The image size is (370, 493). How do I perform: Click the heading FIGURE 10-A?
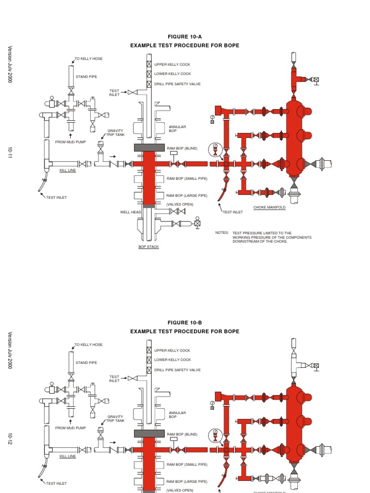pos(185,37)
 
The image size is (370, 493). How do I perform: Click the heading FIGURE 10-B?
pos(185,323)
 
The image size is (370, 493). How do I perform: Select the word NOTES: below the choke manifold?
pos(222,233)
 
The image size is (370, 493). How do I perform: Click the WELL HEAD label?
pos(131,212)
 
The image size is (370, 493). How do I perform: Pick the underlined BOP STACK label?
pos(148,246)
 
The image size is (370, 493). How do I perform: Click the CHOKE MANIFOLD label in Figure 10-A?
pos(269,208)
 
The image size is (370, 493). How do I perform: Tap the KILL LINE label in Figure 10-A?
pos(67,170)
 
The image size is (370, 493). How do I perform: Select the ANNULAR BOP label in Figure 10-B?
pos(177,415)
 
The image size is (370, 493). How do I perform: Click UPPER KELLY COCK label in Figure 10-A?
pos(172,64)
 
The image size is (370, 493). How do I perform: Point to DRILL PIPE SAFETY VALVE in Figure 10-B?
pos(177,370)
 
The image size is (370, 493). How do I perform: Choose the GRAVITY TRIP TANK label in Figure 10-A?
pos(116,132)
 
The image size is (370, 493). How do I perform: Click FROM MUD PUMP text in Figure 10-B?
pos(70,428)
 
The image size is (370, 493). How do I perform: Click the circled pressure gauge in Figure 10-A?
pos(216,149)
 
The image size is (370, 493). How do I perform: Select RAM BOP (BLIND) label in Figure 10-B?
pos(182,434)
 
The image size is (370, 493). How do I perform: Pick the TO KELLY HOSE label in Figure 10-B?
pos(89,345)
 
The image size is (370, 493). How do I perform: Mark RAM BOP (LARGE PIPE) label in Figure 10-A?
pos(187,195)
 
